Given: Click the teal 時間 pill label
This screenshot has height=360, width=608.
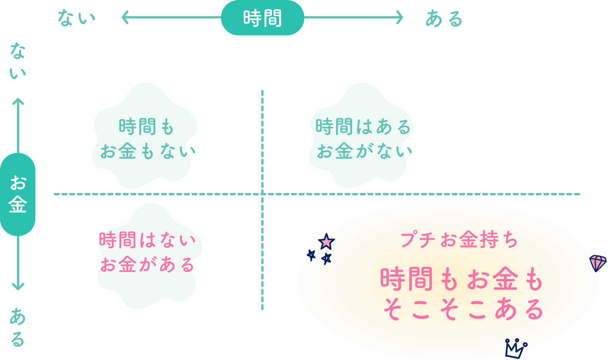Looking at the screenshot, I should click(262, 18).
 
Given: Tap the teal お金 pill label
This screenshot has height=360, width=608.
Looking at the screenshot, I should click(18, 194).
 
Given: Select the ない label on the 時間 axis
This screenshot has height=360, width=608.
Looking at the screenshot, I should click(76, 18).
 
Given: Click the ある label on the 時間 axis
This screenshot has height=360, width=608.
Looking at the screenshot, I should click(444, 18).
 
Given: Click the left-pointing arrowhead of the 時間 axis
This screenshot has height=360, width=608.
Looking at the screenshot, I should click(125, 18).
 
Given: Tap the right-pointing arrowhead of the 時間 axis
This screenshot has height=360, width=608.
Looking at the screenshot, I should click(400, 18).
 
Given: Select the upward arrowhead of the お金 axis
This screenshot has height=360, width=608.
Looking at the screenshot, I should click(18, 102).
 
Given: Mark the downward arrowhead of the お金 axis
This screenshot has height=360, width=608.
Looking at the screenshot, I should click(18, 286).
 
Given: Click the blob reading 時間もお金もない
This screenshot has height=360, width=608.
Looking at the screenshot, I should click(145, 138).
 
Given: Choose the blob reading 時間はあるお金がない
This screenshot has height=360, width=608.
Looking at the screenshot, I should click(362, 138).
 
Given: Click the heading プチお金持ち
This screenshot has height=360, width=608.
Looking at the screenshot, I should click(459, 240).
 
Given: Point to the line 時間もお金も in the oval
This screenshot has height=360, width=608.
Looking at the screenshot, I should click(462, 279).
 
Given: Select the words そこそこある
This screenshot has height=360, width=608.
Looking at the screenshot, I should click(463, 309).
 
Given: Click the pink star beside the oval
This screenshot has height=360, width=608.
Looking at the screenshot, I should click(326, 242).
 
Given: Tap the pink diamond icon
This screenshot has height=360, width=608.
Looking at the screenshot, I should click(598, 263).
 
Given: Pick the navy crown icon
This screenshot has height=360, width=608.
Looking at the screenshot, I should click(515, 348).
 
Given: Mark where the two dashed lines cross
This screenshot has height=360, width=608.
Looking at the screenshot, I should click(262, 194).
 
